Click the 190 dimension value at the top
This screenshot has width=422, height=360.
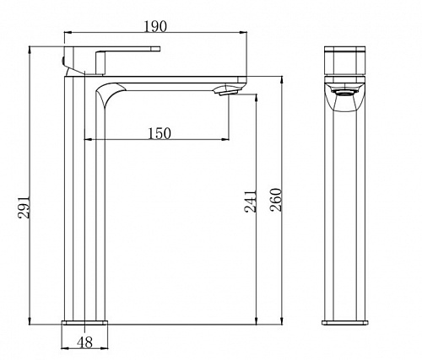(155, 26)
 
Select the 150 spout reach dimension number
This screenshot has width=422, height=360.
(160, 133)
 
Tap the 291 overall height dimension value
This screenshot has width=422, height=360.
(24, 207)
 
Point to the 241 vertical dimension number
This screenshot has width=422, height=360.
(251, 201)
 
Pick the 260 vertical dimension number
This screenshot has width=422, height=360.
(275, 200)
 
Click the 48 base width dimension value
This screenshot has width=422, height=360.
(84, 342)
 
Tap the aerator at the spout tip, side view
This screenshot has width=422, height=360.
(226, 90)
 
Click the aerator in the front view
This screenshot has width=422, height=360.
(344, 93)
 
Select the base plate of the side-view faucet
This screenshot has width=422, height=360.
(85, 322)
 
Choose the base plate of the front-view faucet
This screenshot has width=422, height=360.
(345, 323)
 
